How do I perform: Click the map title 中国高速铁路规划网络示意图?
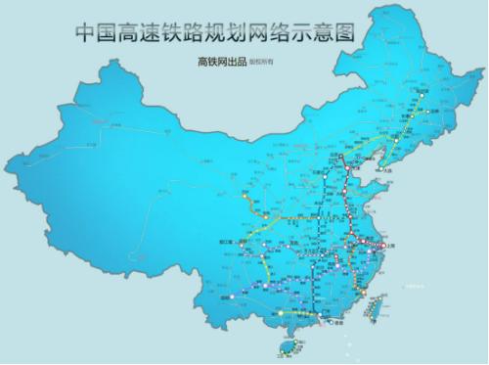211,32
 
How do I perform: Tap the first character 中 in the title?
86,32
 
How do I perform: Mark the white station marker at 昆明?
232,296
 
